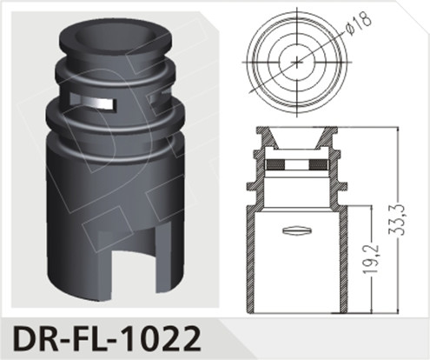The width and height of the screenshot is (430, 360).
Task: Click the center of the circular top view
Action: point(297,62)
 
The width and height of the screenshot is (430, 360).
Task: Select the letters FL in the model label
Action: point(88,337)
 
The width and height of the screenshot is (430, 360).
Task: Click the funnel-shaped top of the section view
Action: point(297,137)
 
